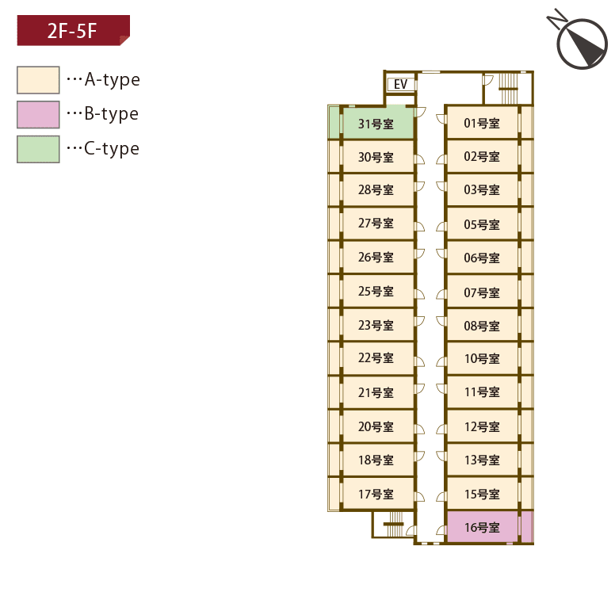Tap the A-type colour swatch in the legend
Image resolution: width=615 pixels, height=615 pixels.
pos(38,80)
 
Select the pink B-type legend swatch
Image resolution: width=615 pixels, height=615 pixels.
pos(38,115)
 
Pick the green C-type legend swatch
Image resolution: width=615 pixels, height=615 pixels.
pos(38,149)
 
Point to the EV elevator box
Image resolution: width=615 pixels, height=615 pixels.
pos(400,84)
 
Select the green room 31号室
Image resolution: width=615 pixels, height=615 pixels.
pos(377,123)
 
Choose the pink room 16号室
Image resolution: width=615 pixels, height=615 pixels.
pos(482,527)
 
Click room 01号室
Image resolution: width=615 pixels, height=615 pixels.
pos(482,123)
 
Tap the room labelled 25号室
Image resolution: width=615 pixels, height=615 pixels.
pos(376,291)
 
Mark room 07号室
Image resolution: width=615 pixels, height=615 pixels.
pos(482,292)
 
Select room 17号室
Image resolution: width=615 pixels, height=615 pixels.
pos(376,494)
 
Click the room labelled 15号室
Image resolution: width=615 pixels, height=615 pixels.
pos(482,494)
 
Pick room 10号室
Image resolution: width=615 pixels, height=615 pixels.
pos(482,358)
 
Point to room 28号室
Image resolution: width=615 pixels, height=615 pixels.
pos(376,189)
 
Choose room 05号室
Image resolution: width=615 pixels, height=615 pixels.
pos(482,224)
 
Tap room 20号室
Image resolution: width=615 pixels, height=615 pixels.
pos(376,426)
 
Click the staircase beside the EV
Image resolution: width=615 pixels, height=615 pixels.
pos(507,83)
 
